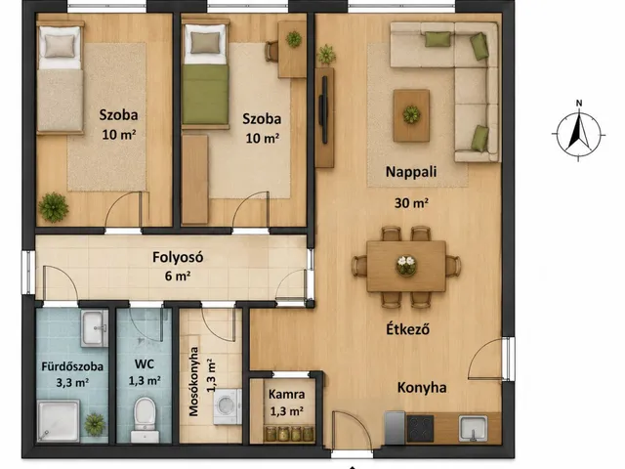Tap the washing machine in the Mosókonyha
[228, 406]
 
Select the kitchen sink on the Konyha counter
[473, 428]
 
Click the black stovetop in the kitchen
[420, 429]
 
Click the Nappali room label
[411, 172]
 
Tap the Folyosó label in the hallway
[178, 257]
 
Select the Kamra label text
[286, 395]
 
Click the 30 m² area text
[411, 203]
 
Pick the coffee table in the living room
[411, 115]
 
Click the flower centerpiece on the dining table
[406, 265]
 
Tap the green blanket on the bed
[205, 95]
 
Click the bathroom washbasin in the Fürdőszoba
[94, 328]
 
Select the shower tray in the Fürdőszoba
[59, 421]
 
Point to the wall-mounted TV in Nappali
[324, 109]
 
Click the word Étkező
[408, 329]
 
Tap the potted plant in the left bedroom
[54, 207]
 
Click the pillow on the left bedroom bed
[60, 46]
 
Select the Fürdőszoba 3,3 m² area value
[72, 383]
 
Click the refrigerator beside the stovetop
[395, 428]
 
